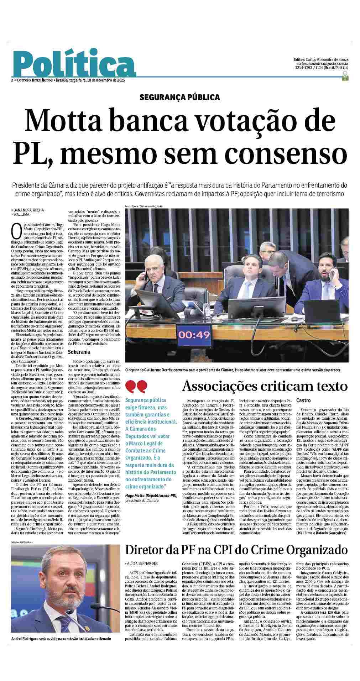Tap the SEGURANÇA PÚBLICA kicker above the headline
click(x=179, y=97)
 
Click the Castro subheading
click(x=303, y=400)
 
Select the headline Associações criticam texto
click(x=265, y=386)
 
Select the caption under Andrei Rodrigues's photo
click(x=61, y=669)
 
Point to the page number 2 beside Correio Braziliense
click(x=12, y=80)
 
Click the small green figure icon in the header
click(x=344, y=76)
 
